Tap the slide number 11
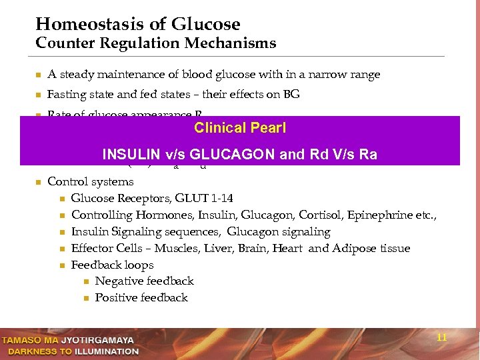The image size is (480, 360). point(441,337)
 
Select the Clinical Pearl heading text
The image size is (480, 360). point(240,127)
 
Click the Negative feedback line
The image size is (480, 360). point(144,281)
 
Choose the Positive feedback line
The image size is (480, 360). point(141,298)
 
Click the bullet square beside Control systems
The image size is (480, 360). point(38,182)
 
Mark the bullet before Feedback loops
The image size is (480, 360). point(61,265)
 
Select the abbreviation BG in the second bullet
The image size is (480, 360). point(291,95)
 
